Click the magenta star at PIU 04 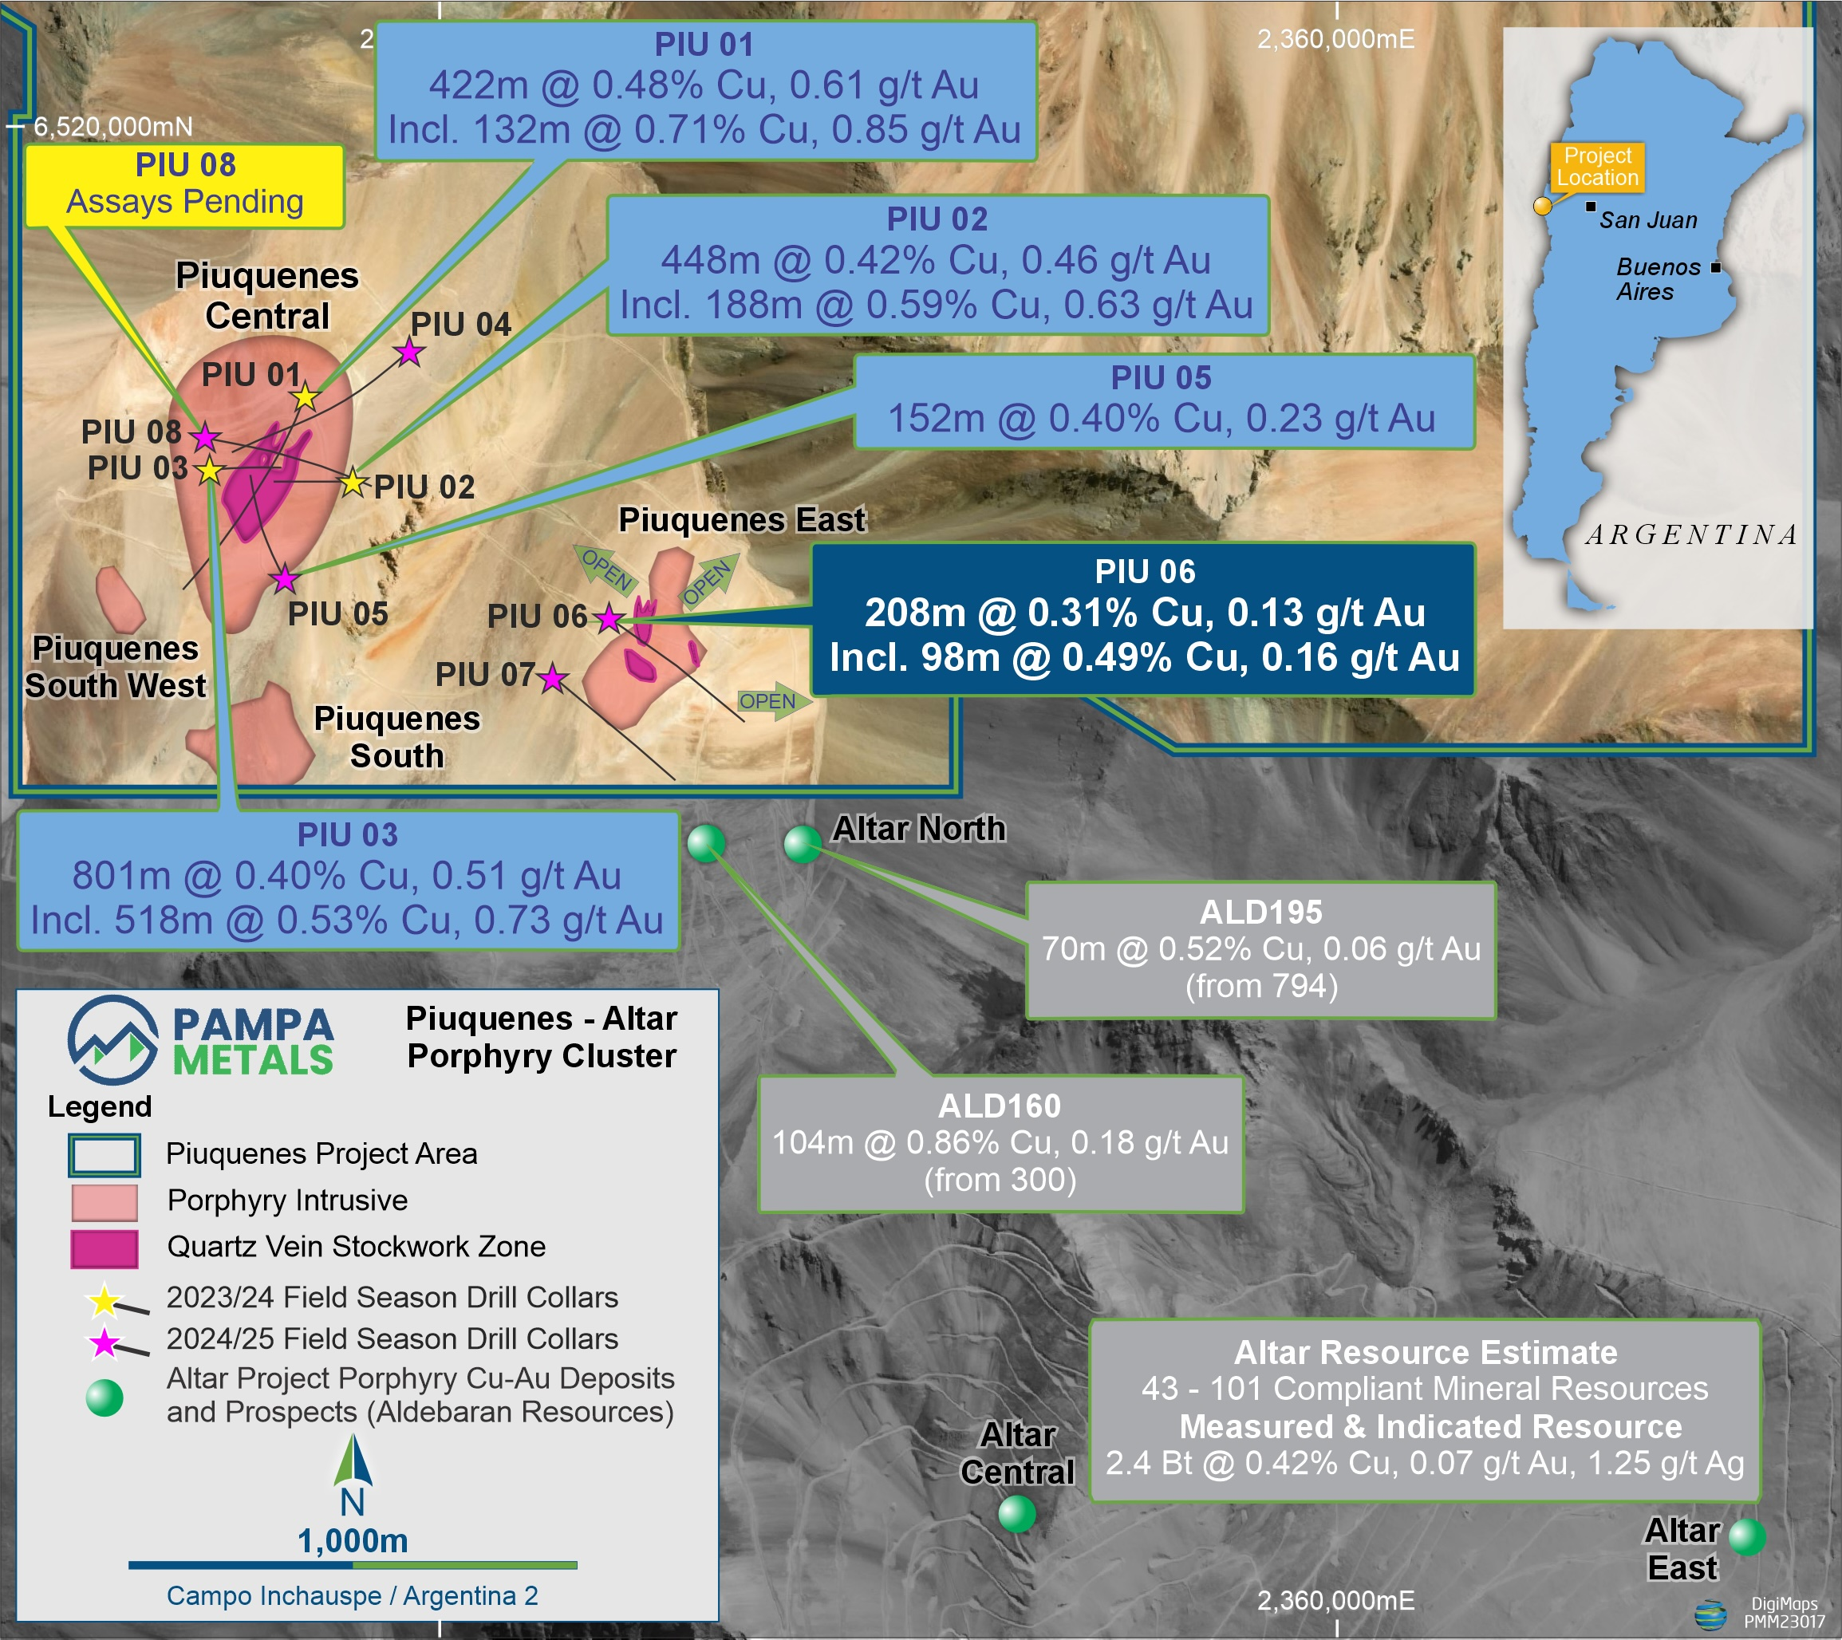[410, 352]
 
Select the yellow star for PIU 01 [306, 396]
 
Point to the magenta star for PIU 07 [552, 679]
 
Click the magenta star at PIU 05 [285, 578]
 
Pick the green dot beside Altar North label [802, 845]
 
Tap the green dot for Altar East [1747, 1537]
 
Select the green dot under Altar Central [1017, 1514]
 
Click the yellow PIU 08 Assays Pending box [185, 185]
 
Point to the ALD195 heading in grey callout [1260, 912]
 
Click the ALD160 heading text [1000, 1106]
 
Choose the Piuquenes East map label [741, 520]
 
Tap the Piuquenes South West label [116, 667]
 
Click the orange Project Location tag [1597, 167]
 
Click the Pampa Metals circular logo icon [112, 1039]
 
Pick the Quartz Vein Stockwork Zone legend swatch [105, 1248]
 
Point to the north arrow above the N [353, 1461]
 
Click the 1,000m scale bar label [353, 1541]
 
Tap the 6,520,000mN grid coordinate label [112, 127]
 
